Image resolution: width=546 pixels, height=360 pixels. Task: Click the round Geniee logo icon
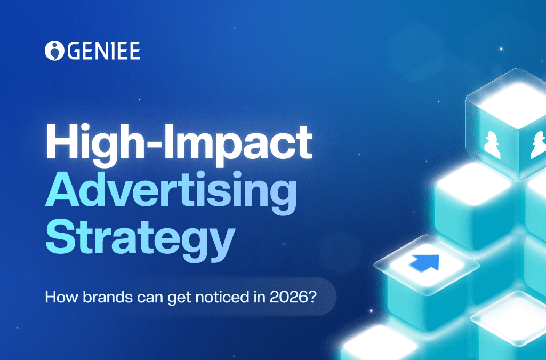click(54, 51)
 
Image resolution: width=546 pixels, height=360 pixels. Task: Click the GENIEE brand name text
click(103, 51)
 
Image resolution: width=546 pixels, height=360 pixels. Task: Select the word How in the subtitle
click(57, 297)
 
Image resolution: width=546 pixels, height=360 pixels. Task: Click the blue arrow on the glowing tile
click(425, 261)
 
